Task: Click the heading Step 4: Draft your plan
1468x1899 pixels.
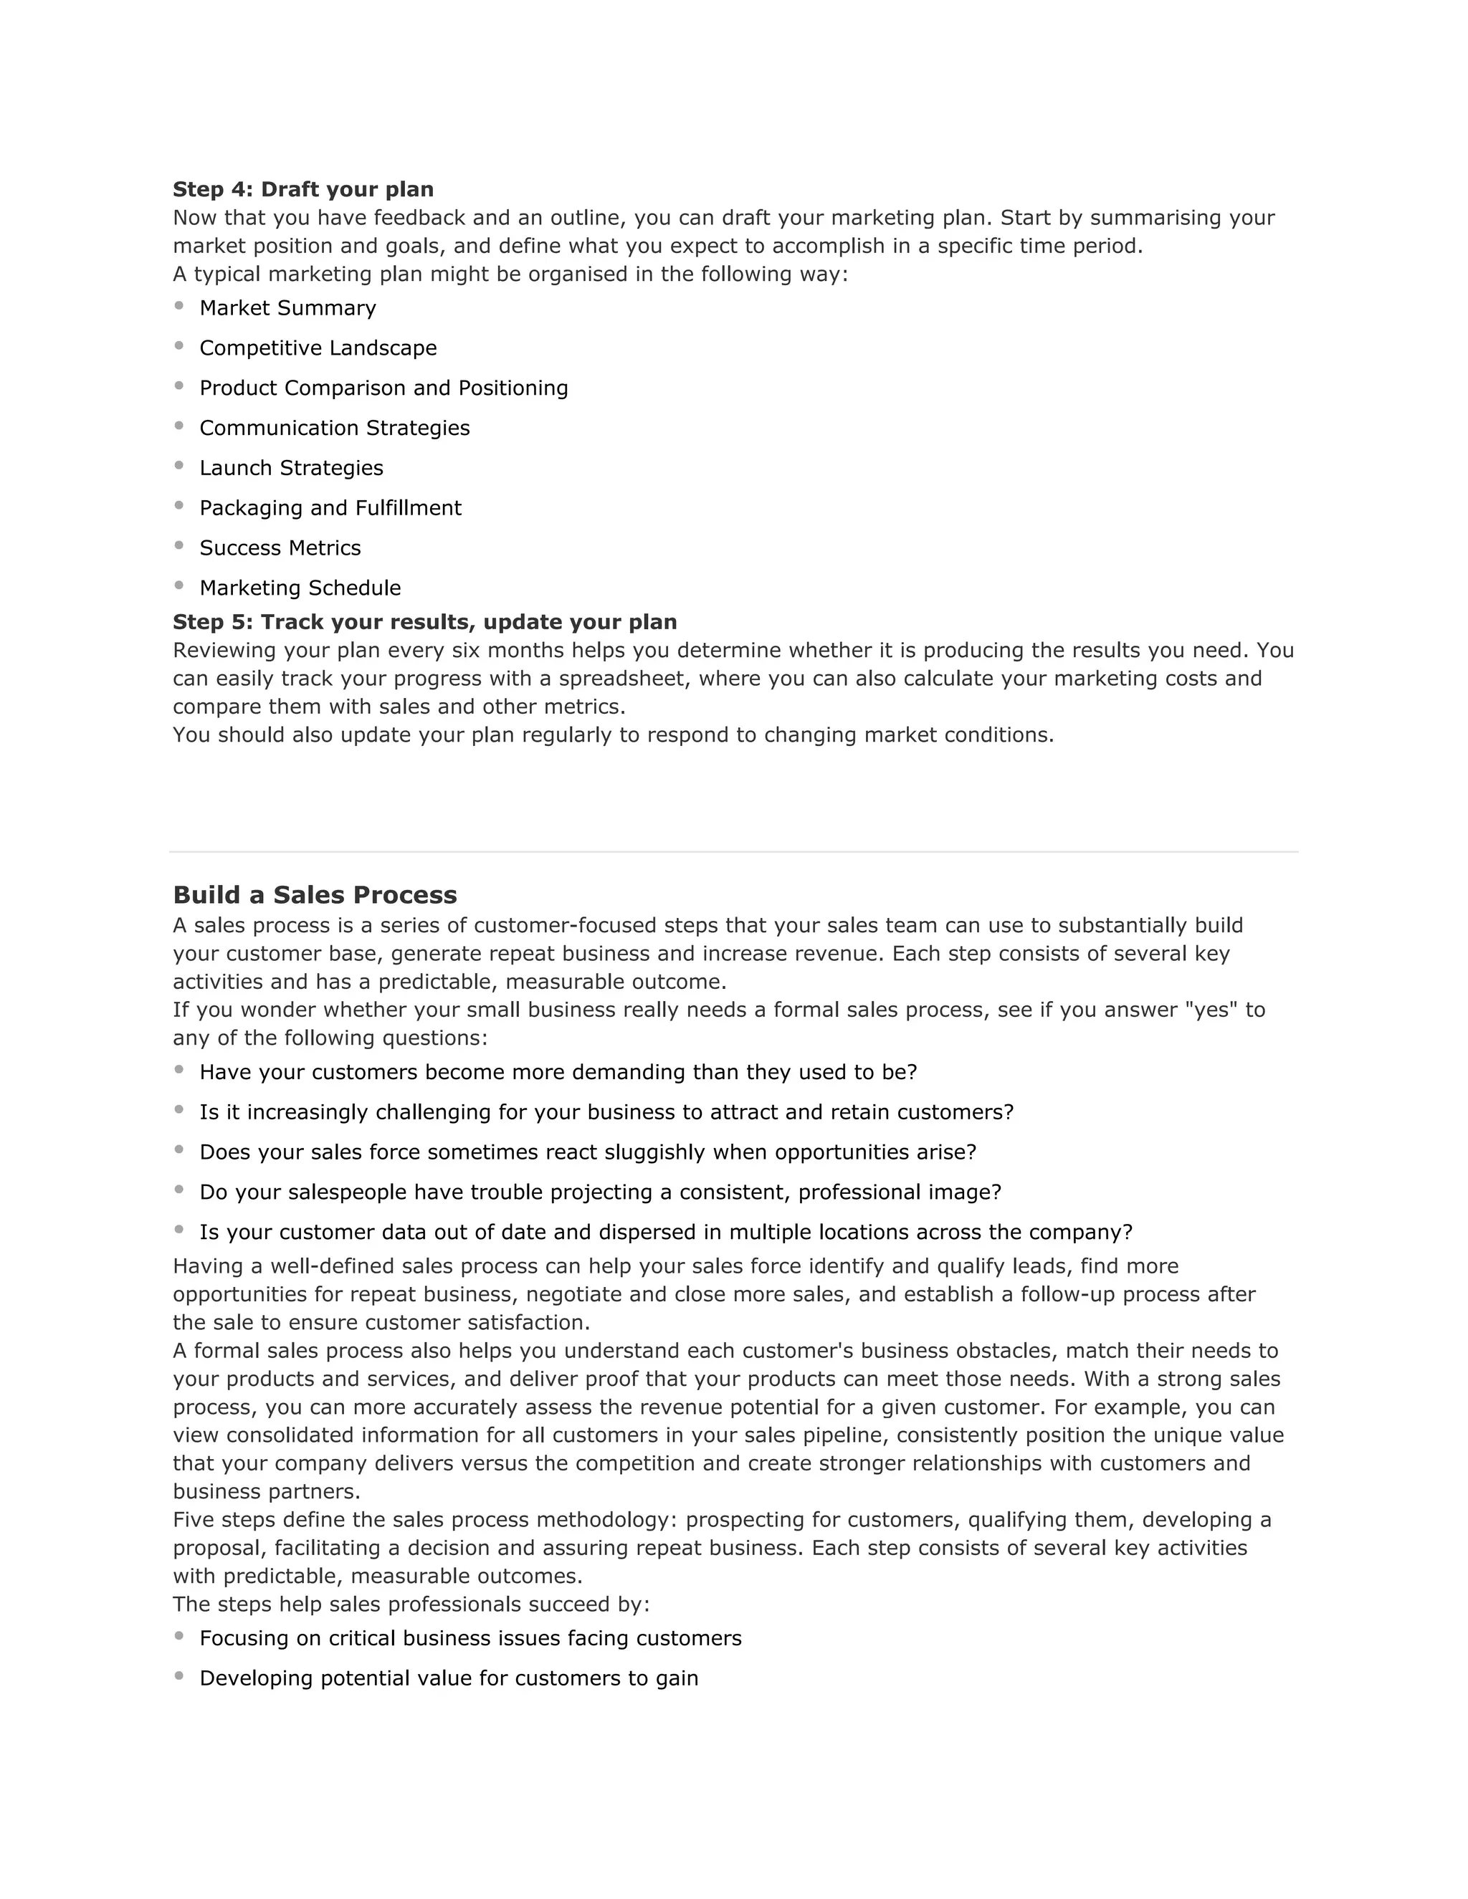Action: (x=302, y=190)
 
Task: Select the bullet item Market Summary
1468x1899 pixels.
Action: (x=288, y=308)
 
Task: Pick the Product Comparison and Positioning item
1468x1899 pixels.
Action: (x=383, y=388)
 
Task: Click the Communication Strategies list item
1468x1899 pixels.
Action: (x=335, y=428)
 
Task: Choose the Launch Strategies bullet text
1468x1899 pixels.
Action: (x=291, y=468)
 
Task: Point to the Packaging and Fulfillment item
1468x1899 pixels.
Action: (x=330, y=508)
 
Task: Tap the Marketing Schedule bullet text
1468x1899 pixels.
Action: (x=300, y=588)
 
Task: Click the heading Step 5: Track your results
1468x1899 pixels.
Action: (x=424, y=623)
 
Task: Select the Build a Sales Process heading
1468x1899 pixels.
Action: (x=315, y=895)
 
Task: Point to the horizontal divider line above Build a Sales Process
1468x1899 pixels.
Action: (x=733, y=852)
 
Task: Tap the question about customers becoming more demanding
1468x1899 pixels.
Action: (x=558, y=1072)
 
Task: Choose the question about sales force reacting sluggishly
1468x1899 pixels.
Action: (x=588, y=1152)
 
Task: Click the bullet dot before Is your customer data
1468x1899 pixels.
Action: (x=179, y=1230)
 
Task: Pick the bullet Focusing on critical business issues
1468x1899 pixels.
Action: (x=470, y=1638)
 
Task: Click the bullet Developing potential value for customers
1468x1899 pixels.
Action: (x=449, y=1678)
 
